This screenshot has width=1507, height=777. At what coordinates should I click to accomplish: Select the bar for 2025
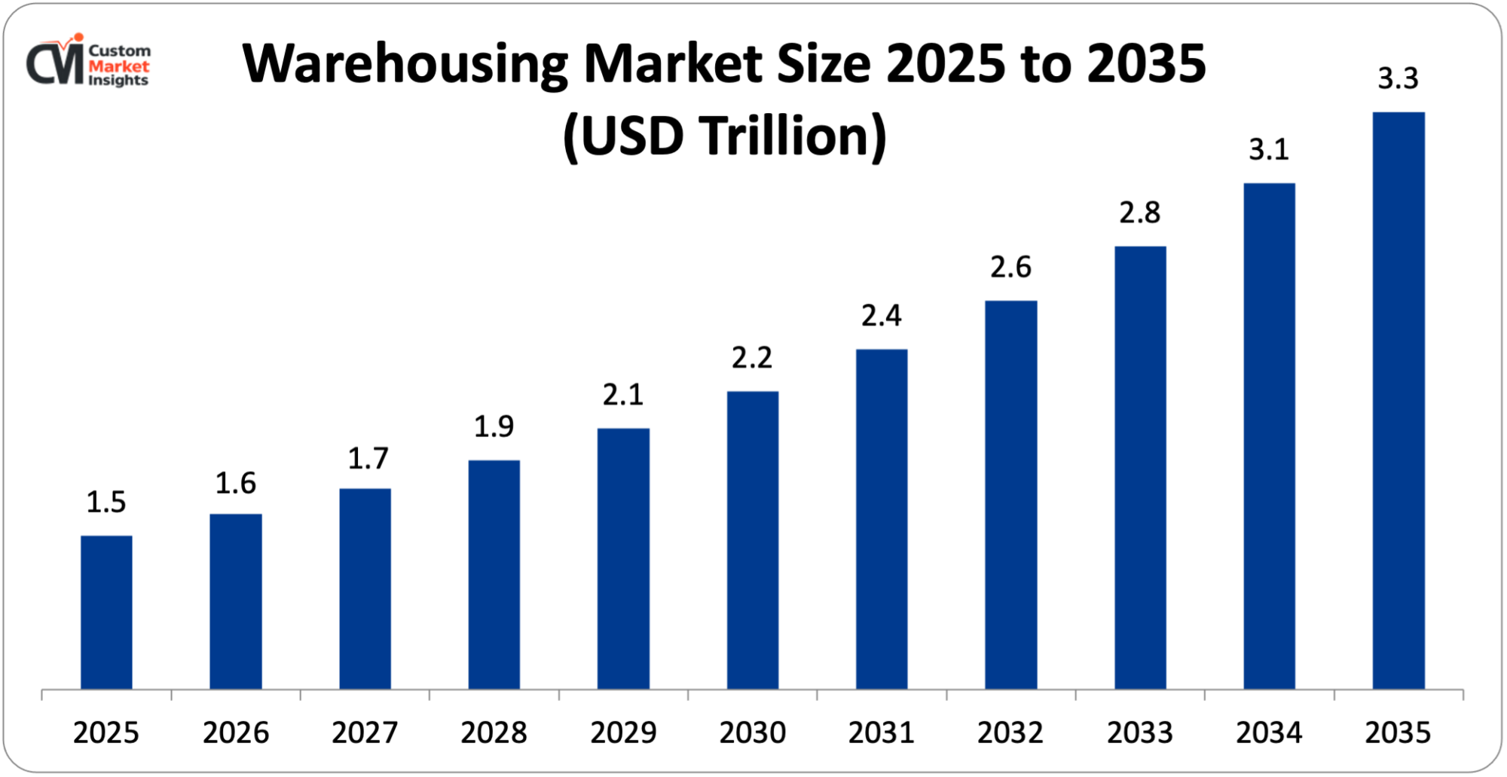coord(106,612)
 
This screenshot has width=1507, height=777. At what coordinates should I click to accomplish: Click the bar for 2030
coord(752,540)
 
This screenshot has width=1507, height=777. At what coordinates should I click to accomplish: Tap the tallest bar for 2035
coord(1398,400)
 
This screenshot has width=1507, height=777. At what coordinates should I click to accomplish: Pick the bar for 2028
coord(494,574)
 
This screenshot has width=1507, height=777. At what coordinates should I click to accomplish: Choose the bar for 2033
coord(1140,467)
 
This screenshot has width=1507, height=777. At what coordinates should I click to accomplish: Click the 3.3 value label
coord(1398,78)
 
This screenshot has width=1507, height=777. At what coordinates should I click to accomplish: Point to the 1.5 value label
coord(106,502)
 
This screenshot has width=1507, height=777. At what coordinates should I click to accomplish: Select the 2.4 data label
coord(881,316)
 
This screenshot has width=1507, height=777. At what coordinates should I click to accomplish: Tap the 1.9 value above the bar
coord(494,427)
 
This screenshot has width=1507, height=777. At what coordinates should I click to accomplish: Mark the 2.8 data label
coord(1139,213)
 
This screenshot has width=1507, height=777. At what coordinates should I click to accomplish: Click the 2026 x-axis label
coord(235,733)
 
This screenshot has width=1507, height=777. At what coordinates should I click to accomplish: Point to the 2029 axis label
coord(623,733)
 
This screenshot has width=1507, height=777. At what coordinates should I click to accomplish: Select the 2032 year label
coord(1010,733)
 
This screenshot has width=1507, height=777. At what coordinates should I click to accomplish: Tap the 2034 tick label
coord(1269,733)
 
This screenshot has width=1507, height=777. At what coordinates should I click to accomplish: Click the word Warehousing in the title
coord(405,66)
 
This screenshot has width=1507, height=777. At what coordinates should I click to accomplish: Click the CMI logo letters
coord(54,64)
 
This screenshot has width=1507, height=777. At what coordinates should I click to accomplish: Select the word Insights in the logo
coord(118,81)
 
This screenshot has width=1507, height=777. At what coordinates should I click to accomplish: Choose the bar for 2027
coord(365,589)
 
